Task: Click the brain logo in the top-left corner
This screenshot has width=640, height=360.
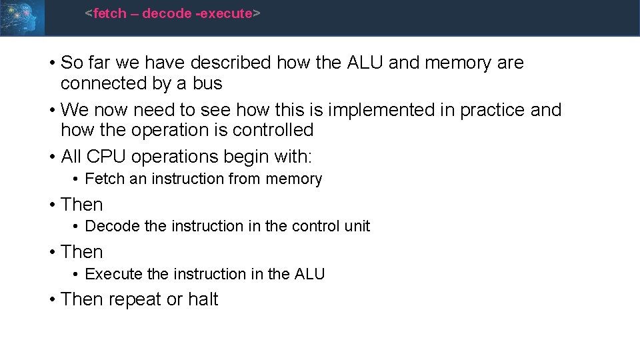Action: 22,17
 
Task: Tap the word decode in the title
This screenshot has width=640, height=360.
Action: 167,13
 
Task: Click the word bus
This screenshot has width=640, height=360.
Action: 207,84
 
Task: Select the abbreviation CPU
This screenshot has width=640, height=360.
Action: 107,157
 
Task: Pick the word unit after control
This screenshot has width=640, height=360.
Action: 357,227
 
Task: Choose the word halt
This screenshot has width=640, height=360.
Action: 203,300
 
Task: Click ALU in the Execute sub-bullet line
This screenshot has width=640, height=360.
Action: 309,274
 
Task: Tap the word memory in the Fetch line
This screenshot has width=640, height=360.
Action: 293,179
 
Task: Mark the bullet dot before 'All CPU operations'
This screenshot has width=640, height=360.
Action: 52,157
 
